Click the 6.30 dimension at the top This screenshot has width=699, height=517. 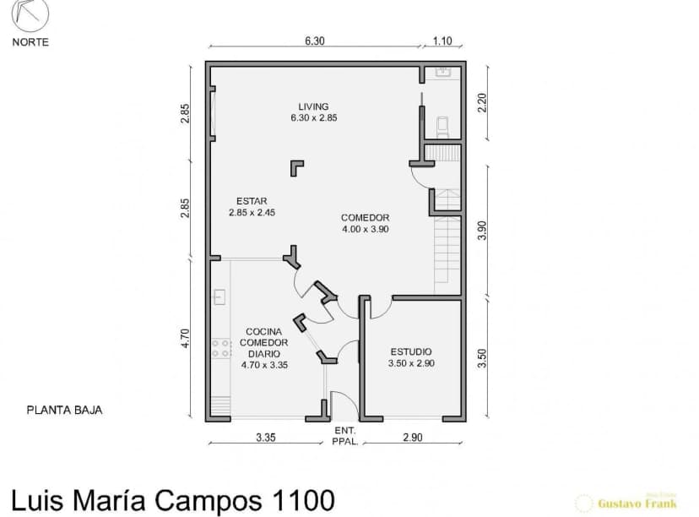pyautogui.click(x=315, y=41)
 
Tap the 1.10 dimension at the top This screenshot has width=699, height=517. pyautogui.click(x=442, y=41)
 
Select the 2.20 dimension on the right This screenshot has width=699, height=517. pyautogui.click(x=482, y=103)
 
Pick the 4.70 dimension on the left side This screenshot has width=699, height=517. pyautogui.click(x=186, y=338)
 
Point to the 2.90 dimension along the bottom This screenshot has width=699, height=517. pyautogui.click(x=412, y=438)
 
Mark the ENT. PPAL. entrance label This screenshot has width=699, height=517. pyautogui.click(x=344, y=436)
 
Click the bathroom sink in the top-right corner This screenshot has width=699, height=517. pyautogui.click(x=442, y=73)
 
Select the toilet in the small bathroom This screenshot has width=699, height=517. pyautogui.click(x=442, y=126)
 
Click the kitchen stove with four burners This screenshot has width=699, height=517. pyautogui.click(x=221, y=347)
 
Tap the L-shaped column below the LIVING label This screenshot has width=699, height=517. pyautogui.click(x=297, y=167)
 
